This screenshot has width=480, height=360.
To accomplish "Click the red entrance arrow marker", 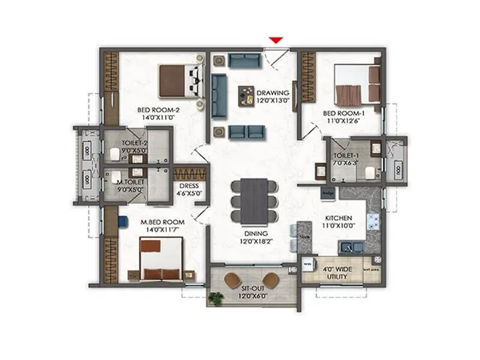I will (x=275, y=40).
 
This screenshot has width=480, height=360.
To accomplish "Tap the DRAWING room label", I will (x=273, y=93).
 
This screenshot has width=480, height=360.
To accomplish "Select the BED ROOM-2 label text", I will (x=158, y=110).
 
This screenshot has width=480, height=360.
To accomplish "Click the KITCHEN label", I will (x=338, y=219).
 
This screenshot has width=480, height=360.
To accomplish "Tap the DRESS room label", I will (x=189, y=186).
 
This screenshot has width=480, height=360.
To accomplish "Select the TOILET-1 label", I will (x=347, y=156).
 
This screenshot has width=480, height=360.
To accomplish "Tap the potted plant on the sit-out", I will (x=216, y=296).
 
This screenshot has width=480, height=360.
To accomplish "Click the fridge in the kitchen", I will (x=328, y=193).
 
